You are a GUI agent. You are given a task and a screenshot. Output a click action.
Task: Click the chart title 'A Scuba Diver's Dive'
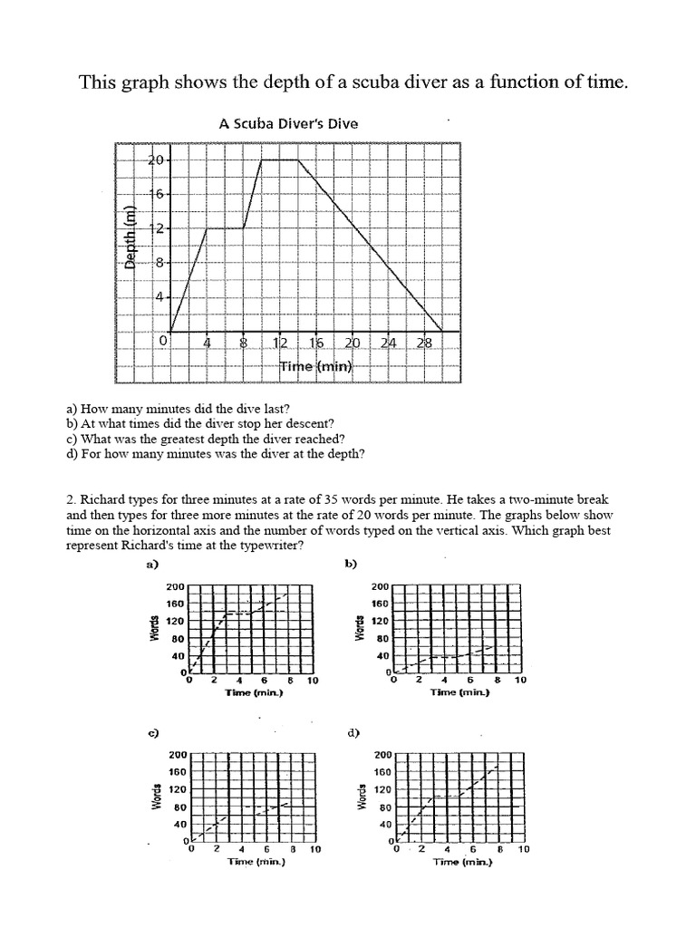pos(288,124)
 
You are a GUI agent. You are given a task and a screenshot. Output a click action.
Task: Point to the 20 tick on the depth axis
pos(154,160)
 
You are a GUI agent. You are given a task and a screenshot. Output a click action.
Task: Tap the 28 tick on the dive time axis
pos(425,343)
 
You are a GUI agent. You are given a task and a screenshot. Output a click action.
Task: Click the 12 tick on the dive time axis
pos(280,343)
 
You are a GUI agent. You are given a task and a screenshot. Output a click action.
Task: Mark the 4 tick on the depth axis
pos(157,297)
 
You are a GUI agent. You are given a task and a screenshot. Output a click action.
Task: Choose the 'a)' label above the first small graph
pos(151,565)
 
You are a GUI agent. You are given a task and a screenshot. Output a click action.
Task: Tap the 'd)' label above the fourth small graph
pos(354,733)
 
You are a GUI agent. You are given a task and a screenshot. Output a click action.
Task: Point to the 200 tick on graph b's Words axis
pos(380,586)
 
